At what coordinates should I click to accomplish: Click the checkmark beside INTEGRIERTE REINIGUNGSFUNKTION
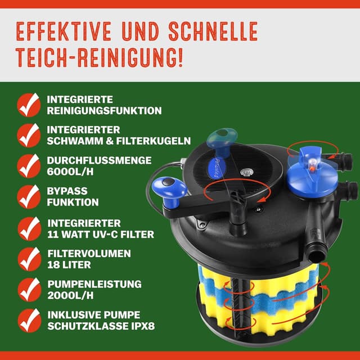pos(28,105)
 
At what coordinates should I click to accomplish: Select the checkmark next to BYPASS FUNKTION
pos(28,196)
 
